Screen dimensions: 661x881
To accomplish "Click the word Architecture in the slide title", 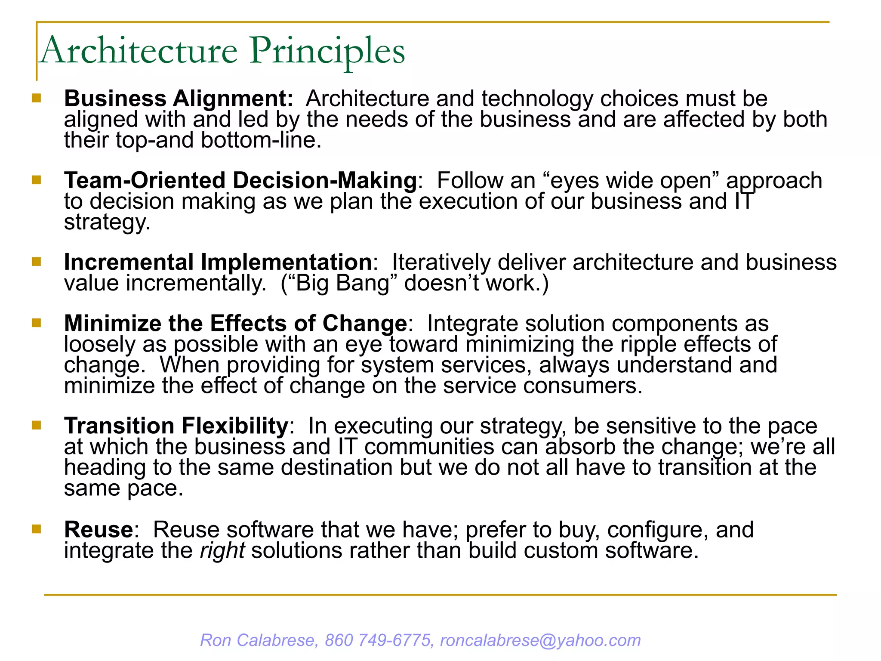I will [x=139, y=51].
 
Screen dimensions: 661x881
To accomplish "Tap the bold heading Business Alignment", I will [x=178, y=99].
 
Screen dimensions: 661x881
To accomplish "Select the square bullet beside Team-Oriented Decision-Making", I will [x=37, y=180].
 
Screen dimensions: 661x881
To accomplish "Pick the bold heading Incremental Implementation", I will [x=218, y=262].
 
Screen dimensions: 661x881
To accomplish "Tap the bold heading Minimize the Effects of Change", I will [x=235, y=323].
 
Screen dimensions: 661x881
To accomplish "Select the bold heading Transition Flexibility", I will [x=176, y=426].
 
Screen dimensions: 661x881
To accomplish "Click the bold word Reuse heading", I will [x=99, y=530].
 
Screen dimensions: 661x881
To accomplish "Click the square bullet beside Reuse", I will [x=37, y=529].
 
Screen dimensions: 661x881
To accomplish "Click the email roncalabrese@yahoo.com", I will [x=540, y=640].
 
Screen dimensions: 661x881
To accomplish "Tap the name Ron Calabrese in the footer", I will [x=258, y=640].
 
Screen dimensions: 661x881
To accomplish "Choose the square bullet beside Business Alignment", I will [x=37, y=98].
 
